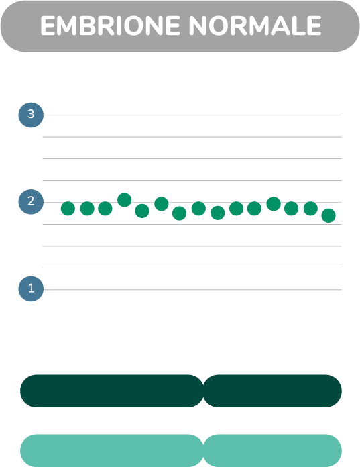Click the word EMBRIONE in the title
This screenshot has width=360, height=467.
coord(111,25)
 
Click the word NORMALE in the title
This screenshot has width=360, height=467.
coord(255,25)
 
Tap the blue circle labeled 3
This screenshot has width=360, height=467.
coord(31,115)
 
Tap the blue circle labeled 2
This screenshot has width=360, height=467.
coord(31,202)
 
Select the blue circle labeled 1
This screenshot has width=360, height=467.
coord(31,289)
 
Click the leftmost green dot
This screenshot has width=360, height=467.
coord(68,209)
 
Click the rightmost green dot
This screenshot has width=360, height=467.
coord(328,215)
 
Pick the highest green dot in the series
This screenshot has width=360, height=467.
coord(125,200)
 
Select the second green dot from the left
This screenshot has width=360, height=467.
coord(87,209)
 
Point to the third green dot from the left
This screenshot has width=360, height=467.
coord(105,209)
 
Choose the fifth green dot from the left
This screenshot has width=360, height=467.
coord(142,211)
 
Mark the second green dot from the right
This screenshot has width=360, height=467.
coord(310,209)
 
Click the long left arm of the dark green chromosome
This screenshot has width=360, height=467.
coord(111,391)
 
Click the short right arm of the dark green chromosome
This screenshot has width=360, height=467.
coord(272,391)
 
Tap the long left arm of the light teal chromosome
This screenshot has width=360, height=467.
coord(111,451)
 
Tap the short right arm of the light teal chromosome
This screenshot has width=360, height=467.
coord(272,451)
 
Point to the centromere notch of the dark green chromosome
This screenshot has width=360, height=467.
coord(204,391)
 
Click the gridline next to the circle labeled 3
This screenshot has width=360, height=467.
coord(192,115)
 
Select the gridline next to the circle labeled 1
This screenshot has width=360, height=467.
coord(192,289)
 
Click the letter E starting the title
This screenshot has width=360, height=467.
coord(48,25)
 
